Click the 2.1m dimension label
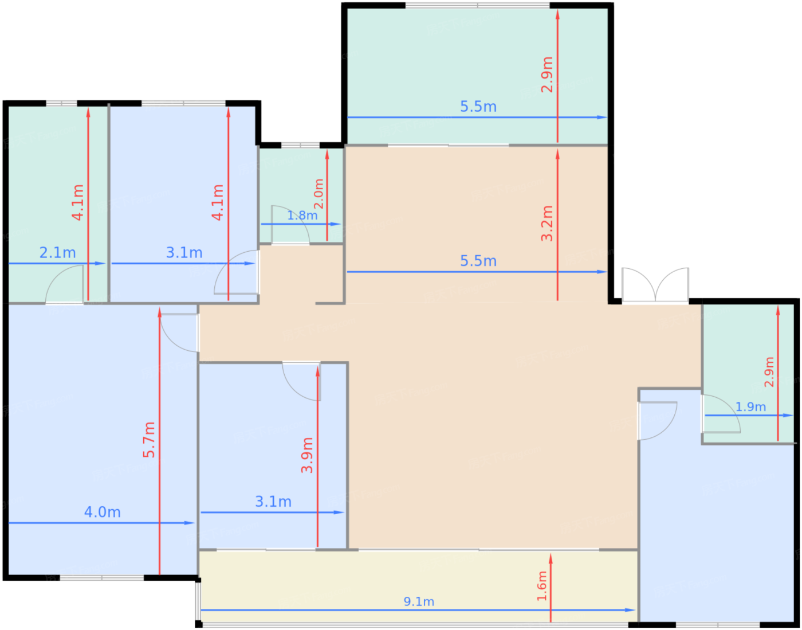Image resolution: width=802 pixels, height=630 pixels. click(x=58, y=253)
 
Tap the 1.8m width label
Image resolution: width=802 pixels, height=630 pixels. click(x=302, y=216)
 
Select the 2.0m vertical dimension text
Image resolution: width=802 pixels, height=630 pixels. click(x=318, y=194)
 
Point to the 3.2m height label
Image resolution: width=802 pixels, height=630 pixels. click(x=547, y=224)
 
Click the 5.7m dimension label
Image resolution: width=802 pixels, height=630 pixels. click(x=149, y=440)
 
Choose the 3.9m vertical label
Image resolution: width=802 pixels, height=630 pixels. click(x=307, y=455)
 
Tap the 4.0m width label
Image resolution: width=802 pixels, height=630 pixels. click(x=102, y=512)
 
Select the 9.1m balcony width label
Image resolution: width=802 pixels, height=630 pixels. click(x=419, y=601)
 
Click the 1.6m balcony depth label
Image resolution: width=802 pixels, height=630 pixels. click(x=541, y=586)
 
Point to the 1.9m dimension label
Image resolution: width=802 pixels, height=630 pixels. click(x=750, y=407)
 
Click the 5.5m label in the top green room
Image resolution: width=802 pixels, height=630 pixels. click(x=478, y=107)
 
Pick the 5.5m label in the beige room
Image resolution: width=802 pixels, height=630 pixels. click(x=478, y=261)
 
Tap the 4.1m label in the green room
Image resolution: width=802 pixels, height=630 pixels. click(x=77, y=203)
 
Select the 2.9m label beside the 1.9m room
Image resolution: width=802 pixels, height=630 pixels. click(x=769, y=372)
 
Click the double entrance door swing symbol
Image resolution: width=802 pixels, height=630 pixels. click(x=655, y=285)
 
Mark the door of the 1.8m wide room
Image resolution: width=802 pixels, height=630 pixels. click(x=290, y=224)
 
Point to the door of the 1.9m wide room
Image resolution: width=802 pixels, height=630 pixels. click(x=721, y=414)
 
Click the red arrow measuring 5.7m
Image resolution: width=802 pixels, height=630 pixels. click(x=160, y=441)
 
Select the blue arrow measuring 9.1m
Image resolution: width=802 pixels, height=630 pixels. click(x=418, y=610)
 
